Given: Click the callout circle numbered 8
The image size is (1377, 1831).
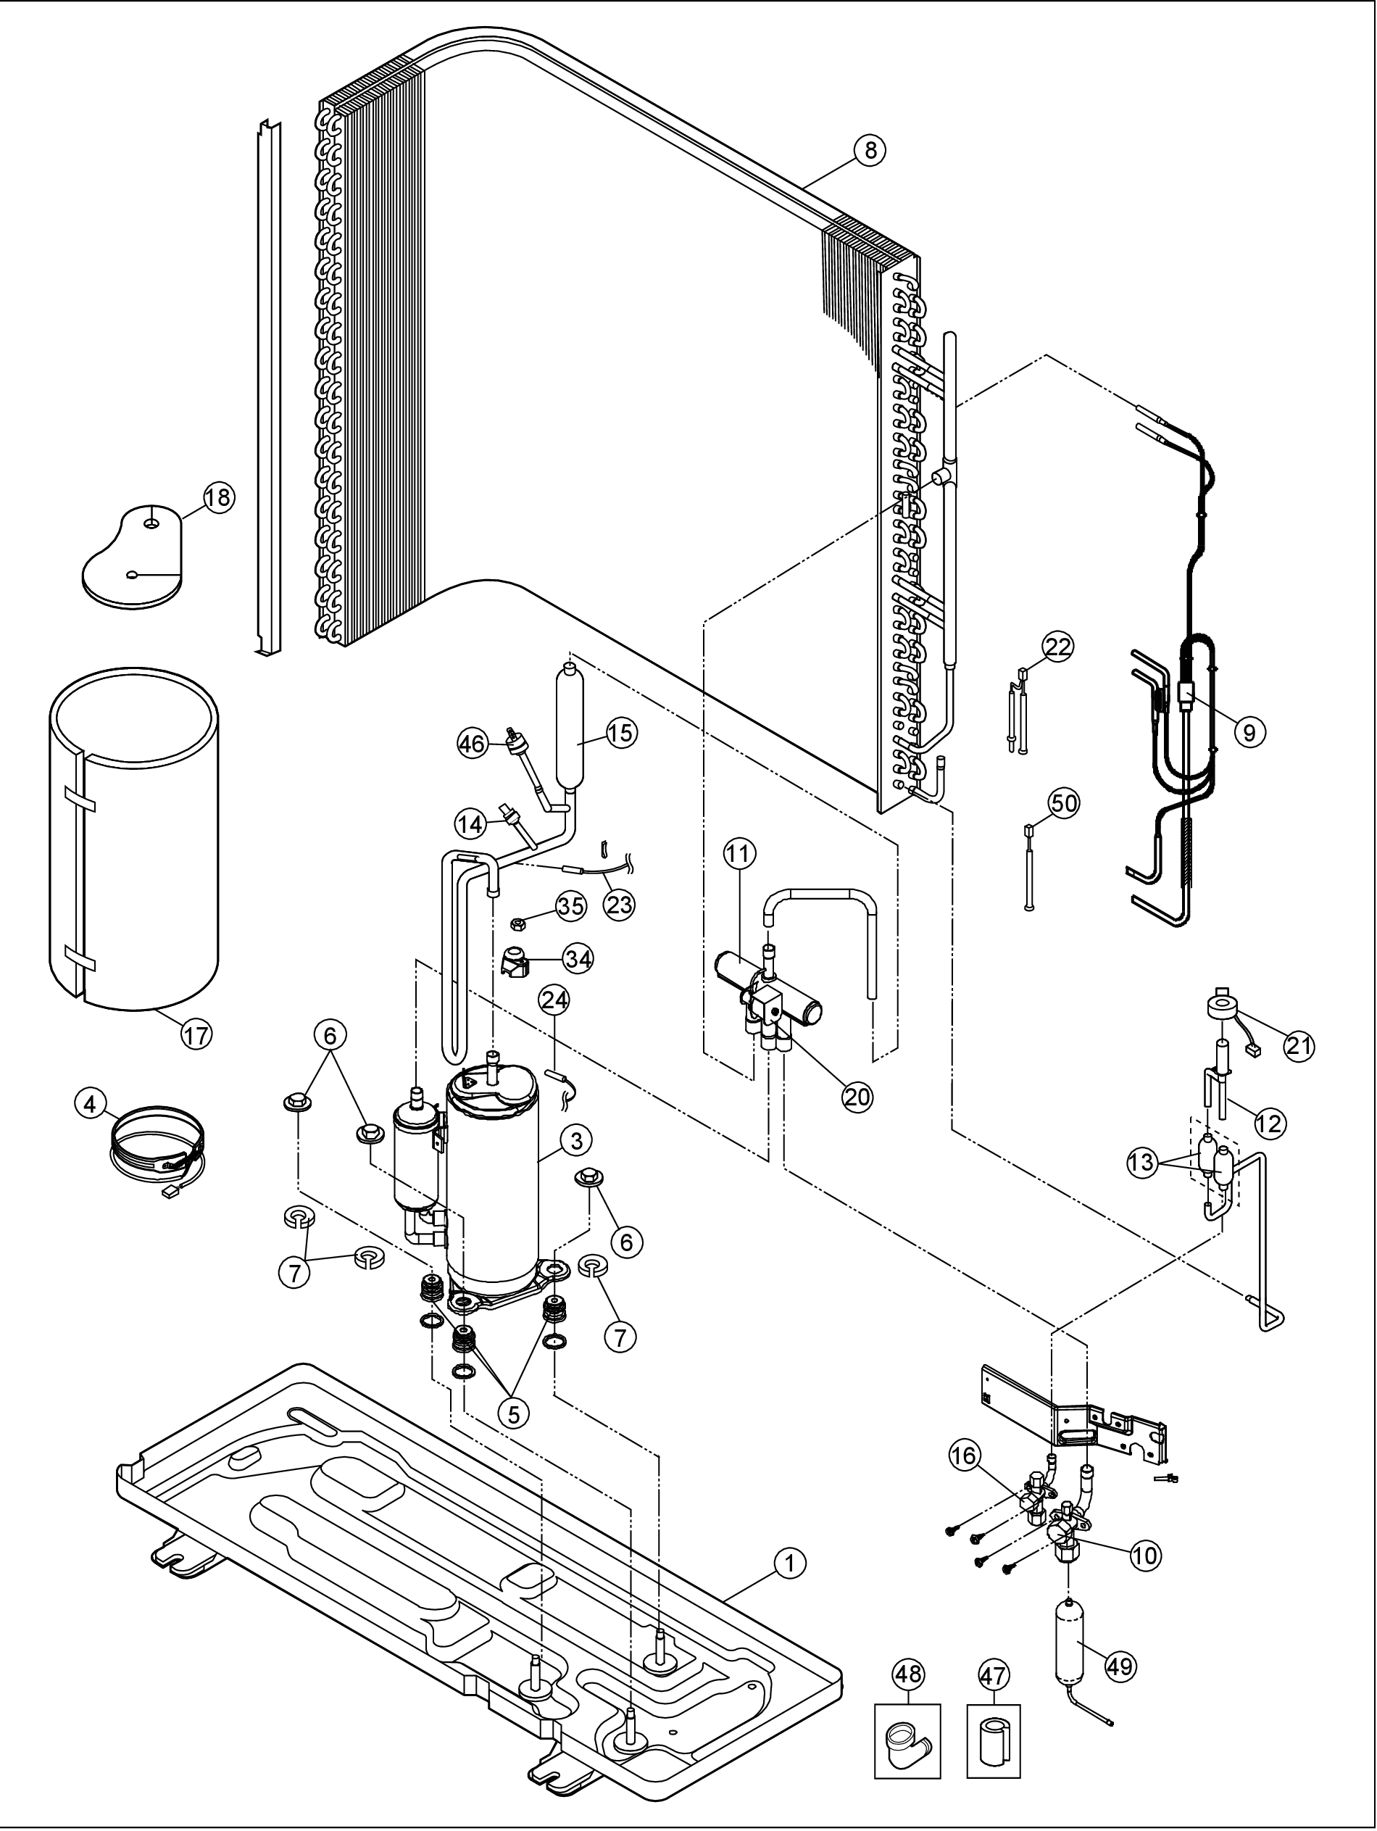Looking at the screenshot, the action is coord(870,151).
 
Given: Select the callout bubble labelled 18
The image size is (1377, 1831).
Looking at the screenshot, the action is coord(220,498).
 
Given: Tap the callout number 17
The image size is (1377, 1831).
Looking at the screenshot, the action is coord(196,1034).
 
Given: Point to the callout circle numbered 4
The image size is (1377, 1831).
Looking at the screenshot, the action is coord(90,1103).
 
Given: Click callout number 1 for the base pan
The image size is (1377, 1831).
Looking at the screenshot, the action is coord(789,1562).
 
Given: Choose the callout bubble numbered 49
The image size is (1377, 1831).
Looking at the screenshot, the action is coord(1121,1664).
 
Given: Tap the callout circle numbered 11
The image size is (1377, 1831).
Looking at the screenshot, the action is coord(740,854).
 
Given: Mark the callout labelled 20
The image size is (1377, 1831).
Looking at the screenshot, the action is coord(857,1097).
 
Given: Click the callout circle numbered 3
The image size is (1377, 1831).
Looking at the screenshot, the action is coord(576,1141).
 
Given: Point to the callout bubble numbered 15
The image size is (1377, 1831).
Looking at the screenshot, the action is coord(620,733).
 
